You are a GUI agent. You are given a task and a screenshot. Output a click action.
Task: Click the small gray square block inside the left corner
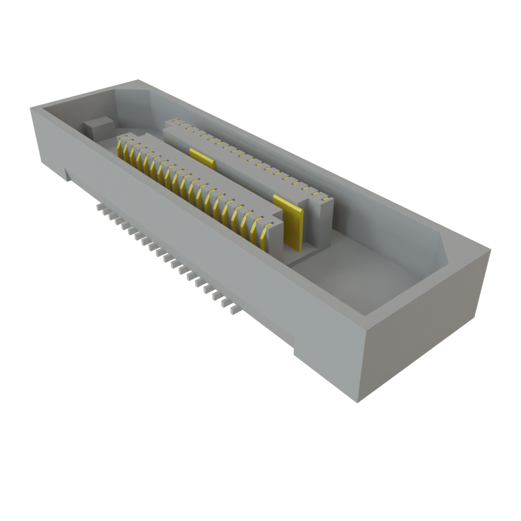(99, 127)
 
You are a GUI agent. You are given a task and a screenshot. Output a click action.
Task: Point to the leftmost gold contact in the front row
(121, 148)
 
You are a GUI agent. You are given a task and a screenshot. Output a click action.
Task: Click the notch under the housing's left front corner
(68, 176)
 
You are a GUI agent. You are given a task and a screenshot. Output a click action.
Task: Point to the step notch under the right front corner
(294, 346)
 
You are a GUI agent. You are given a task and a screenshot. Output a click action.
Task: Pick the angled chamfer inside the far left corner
(135, 104)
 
